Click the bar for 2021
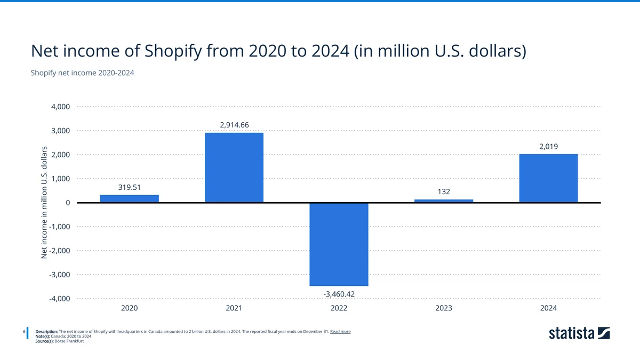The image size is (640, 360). click(234, 167)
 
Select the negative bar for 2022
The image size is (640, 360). click(339, 244)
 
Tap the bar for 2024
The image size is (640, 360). click(548, 178)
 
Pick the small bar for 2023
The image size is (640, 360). click(444, 201)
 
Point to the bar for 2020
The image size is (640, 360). click(129, 198)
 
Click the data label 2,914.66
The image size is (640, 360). click(234, 125)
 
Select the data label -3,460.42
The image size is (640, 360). click(339, 294)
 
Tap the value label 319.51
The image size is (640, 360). click(129, 187)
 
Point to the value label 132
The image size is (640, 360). click(444, 191)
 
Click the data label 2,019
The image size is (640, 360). click(548, 146)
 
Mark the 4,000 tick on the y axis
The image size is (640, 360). click(60, 107)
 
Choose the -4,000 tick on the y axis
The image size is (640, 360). click(59, 299)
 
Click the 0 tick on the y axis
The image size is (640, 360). click(67, 203)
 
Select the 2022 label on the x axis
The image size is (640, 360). click(339, 308)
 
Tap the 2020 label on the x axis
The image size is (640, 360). click(129, 308)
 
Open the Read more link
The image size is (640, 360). click(340, 331)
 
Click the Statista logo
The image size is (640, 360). click(579, 333)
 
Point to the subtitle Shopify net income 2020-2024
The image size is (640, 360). click(83, 73)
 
